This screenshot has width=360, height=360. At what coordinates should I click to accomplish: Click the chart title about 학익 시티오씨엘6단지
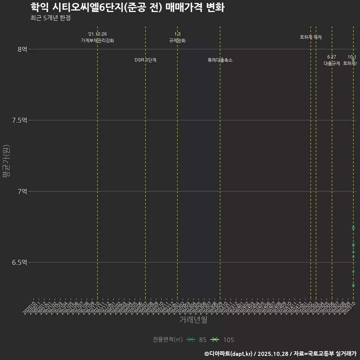click(x=127, y=7)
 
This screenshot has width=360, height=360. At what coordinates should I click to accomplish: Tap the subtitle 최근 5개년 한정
click(x=50, y=18)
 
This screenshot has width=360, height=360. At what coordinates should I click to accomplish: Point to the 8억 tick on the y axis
click(x=22, y=49)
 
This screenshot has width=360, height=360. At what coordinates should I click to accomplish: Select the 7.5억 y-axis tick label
click(x=20, y=120)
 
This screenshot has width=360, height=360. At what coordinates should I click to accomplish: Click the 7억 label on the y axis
click(x=22, y=191)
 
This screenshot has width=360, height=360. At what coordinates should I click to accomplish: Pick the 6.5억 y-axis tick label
click(x=20, y=262)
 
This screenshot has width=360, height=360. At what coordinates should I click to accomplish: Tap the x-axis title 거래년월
click(x=193, y=320)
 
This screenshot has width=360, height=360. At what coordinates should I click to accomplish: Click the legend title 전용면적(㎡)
click(x=167, y=340)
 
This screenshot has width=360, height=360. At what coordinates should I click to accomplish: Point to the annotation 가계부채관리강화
click(x=97, y=40)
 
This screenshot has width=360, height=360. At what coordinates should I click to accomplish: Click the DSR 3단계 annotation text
click(x=145, y=60)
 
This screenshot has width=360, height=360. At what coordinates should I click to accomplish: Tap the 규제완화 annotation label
click(x=177, y=40)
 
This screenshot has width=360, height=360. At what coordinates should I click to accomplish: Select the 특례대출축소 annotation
click(x=220, y=60)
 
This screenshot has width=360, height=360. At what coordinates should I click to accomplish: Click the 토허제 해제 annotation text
click(x=311, y=37)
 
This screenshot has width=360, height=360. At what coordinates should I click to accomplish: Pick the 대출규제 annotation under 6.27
click(x=332, y=63)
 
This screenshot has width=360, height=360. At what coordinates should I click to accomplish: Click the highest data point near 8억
click(x=353, y=59)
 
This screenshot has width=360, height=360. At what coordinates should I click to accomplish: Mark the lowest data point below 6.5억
click(x=353, y=285)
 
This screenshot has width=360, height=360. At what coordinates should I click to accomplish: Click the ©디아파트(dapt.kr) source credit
click(x=229, y=353)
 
